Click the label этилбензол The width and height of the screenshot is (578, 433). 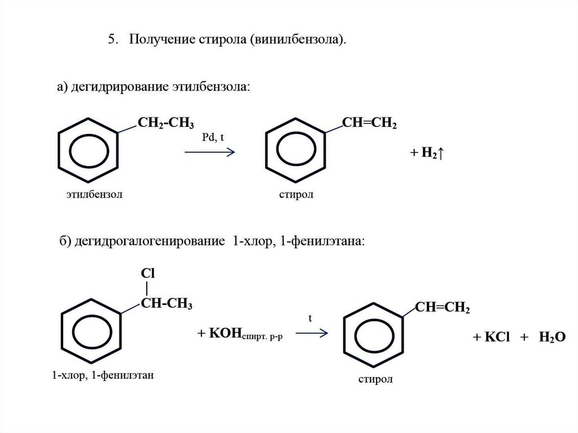tap(93, 195)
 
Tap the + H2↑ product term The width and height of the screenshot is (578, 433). tap(428, 154)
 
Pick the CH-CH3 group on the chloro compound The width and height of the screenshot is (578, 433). tap(167, 305)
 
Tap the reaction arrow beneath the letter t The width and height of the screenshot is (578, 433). tap(312, 333)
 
